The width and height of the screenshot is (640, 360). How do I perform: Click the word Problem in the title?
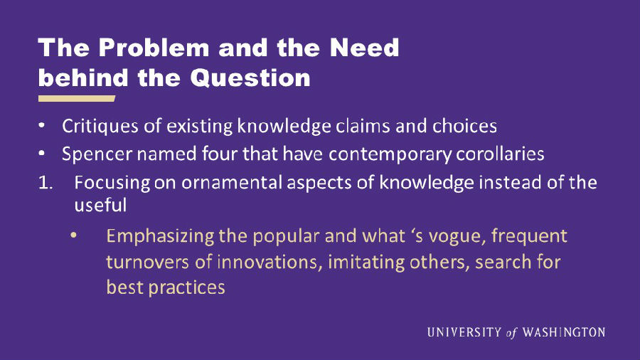tap(154, 48)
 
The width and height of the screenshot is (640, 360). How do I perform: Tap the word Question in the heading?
tap(250, 78)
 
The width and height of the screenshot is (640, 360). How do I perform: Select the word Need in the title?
tap(364, 48)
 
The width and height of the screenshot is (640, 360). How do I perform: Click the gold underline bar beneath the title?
tap(77, 98)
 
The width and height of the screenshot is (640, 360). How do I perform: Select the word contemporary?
tap(390, 154)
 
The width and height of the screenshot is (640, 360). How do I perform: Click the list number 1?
tap(46, 183)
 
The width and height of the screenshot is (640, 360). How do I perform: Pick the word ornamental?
tap(231, 182)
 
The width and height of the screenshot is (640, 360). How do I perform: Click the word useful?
tap(100, 204)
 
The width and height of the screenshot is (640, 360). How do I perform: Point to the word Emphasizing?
tap(160, 237)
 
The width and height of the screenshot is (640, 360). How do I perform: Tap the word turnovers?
tap(147, 262)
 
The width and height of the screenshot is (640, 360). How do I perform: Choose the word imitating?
tap(366, 262)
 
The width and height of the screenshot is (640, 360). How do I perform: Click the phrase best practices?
tap(165, 287)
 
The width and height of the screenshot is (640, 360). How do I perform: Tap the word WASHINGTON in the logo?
tap(564, 332)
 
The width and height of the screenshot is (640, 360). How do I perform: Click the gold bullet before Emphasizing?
tap(73, 235)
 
